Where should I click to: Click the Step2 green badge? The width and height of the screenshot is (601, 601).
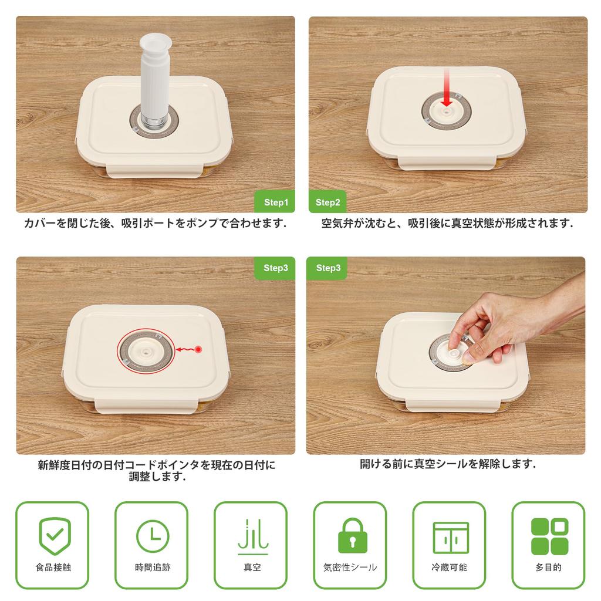(x=327, y=202)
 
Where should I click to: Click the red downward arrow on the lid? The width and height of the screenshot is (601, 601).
(x=447, y=88)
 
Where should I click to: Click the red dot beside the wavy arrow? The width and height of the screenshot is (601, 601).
(x=198, y=350)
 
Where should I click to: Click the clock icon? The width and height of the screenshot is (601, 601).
(x=153, y=536)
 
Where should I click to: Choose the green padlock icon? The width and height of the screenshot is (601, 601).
(x=351, y=535)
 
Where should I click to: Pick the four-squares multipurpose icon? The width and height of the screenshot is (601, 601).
(x=549, y=536)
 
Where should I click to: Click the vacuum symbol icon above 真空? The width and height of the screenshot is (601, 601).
(x=252, y=536)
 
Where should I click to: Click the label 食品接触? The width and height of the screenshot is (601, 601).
(x=53, y=568)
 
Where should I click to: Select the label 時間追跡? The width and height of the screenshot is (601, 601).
(x=153, y=568)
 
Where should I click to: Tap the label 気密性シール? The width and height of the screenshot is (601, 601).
(x=350, y=568)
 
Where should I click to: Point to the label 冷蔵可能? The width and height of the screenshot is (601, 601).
(x=450, y=568)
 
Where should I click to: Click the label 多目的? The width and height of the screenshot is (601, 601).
(x=549, y=568)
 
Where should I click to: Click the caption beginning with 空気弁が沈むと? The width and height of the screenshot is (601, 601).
(x=447, y=224)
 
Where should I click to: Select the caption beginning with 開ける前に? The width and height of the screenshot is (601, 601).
(x=447, y=464)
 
